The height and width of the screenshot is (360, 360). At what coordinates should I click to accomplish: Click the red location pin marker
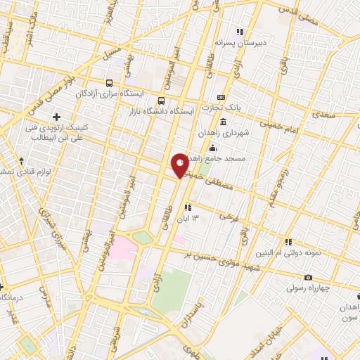click(x=180, y=165)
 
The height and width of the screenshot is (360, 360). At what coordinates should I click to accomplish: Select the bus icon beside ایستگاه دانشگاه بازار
click(x=162, y=101)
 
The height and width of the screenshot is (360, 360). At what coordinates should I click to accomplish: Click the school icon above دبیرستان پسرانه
click(x=239, y=32)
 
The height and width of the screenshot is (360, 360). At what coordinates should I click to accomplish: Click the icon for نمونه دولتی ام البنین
click(x=288, y=242)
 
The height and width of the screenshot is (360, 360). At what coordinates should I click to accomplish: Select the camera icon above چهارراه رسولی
click(x=308, y=278)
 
